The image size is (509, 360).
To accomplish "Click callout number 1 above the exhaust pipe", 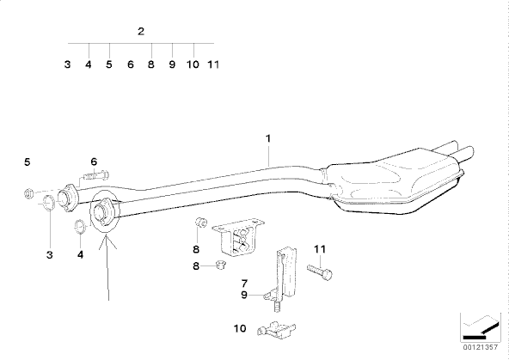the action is (x=268, y=138).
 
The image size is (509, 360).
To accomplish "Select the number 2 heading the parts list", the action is (x=140, y=32).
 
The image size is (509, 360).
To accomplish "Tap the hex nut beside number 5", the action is (x=29, y=193).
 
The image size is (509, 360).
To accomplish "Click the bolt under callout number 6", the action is (x=96, y=176).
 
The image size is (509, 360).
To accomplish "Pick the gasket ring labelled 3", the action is (x=49, y=203).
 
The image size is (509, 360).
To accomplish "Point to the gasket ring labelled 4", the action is (x=80, y=226).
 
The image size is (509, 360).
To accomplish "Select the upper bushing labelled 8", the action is (x=201, y=223).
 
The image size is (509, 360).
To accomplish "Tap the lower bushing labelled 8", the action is (x=221, y=265).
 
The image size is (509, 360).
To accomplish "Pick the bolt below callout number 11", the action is (x=320, y=272).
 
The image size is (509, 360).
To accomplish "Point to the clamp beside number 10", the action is (x=276, y=330).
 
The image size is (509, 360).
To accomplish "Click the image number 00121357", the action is (x=480, y=347).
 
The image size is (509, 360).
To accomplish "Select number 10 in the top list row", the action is (x=193, y=64).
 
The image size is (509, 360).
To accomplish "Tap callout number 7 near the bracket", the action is (x=244, y=284).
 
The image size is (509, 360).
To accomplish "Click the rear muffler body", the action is (x=395, y=181).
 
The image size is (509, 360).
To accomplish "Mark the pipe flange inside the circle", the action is (x=102, y=211).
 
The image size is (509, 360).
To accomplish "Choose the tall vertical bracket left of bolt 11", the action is (x=286, y=272).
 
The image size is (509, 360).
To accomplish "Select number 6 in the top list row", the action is (x=130, y=64).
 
